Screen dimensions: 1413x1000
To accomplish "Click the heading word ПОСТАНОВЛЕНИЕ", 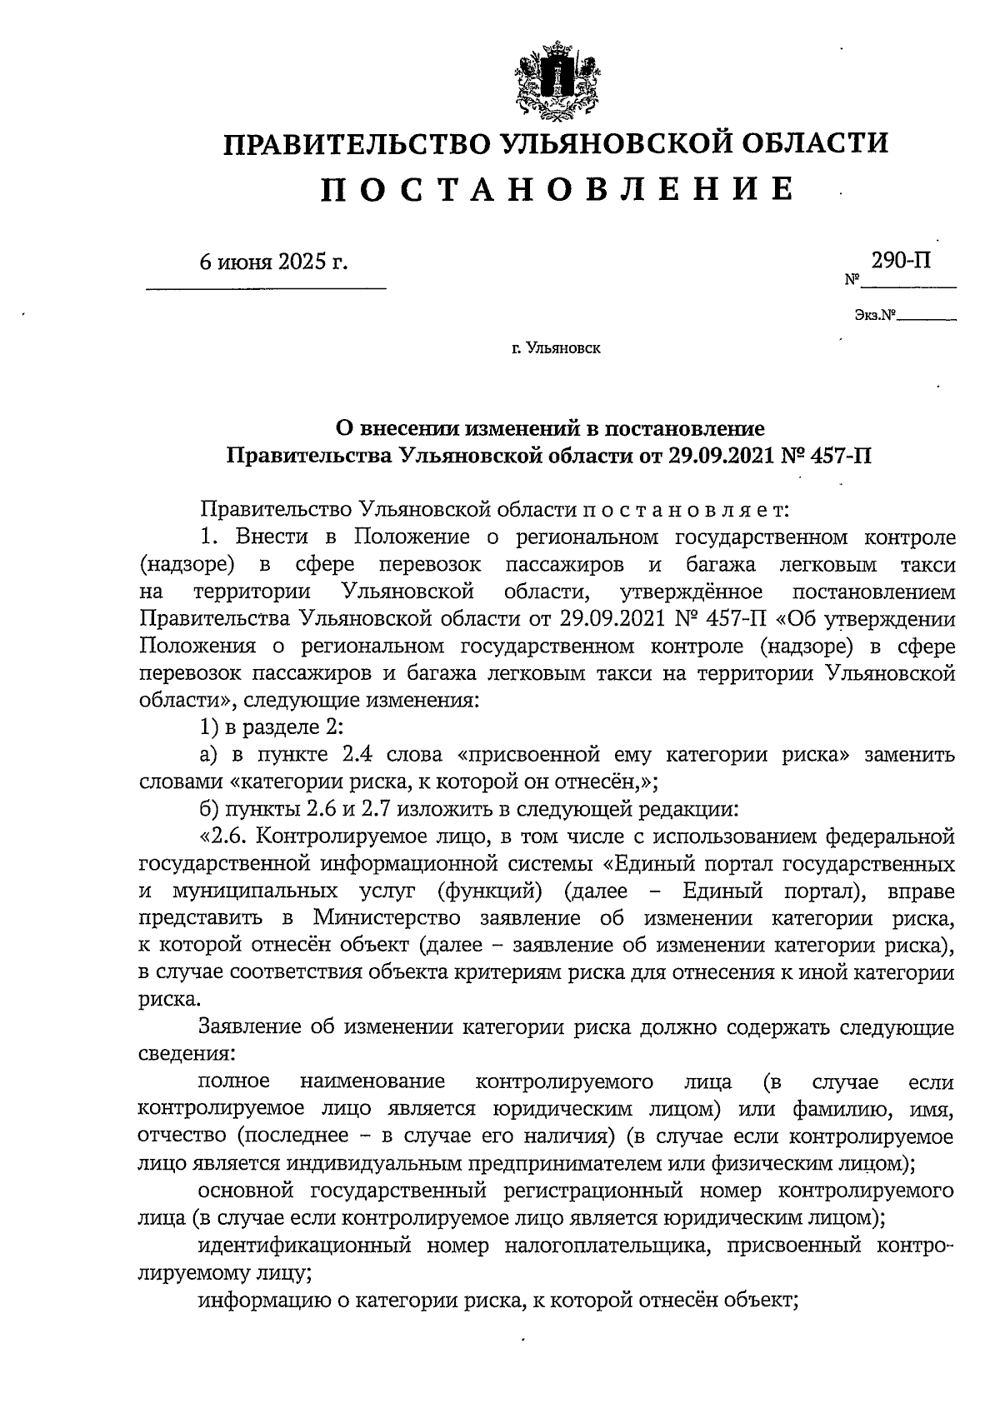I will coord(556,191).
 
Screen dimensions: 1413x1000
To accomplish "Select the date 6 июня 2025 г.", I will coord(272,262).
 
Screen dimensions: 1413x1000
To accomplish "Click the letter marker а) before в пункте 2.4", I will coord(208,754).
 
